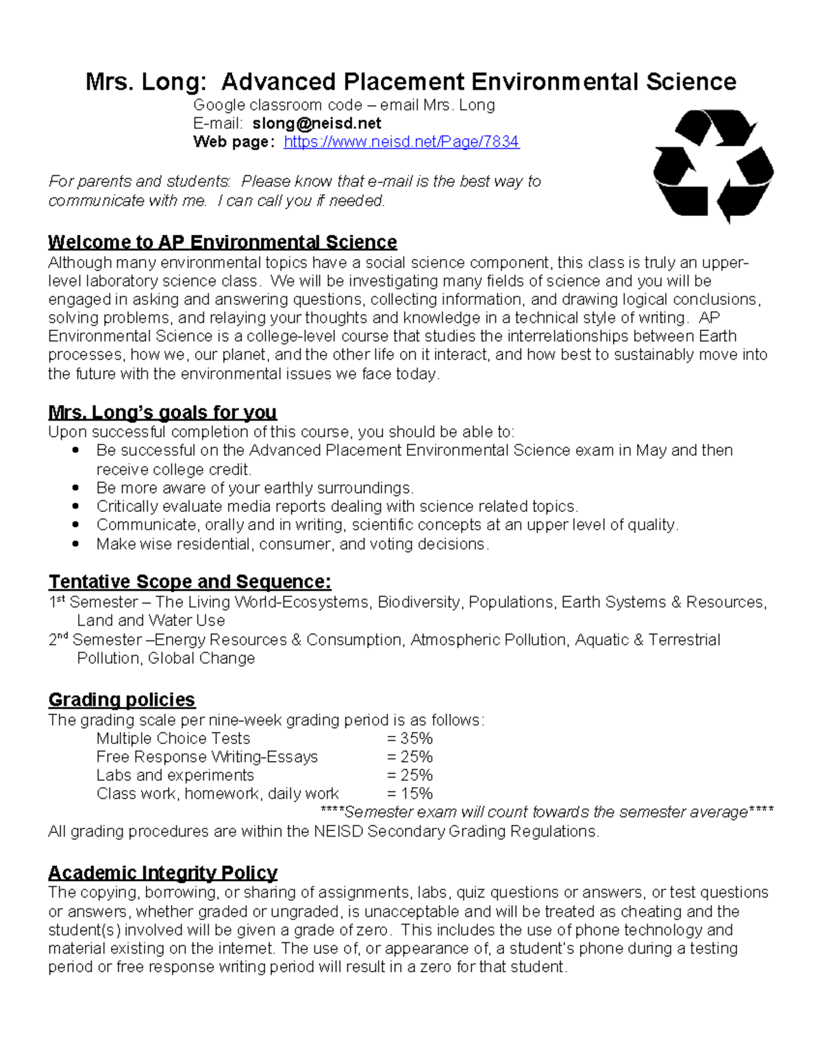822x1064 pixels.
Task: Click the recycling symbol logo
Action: click(x=713, y=166)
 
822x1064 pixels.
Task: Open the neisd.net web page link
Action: click(x=401, y=142)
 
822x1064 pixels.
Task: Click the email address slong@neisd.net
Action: click(x=316, y=123)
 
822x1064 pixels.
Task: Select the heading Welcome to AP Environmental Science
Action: click(x=222, y=243)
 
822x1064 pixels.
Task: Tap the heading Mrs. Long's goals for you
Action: click(x=162, y=412)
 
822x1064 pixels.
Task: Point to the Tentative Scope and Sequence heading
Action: click(x=190, y=582)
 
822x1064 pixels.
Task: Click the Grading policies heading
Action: click(x=122, y=700)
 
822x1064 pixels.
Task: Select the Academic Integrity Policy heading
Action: click(x=162, y=873)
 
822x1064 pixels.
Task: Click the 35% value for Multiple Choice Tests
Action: click(x=410, y=739)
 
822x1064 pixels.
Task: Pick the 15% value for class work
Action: click(x=410, y=794)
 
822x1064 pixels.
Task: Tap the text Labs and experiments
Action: click(x=175, y=776)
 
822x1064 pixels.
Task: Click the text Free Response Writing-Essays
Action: click(x=207, y=757)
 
